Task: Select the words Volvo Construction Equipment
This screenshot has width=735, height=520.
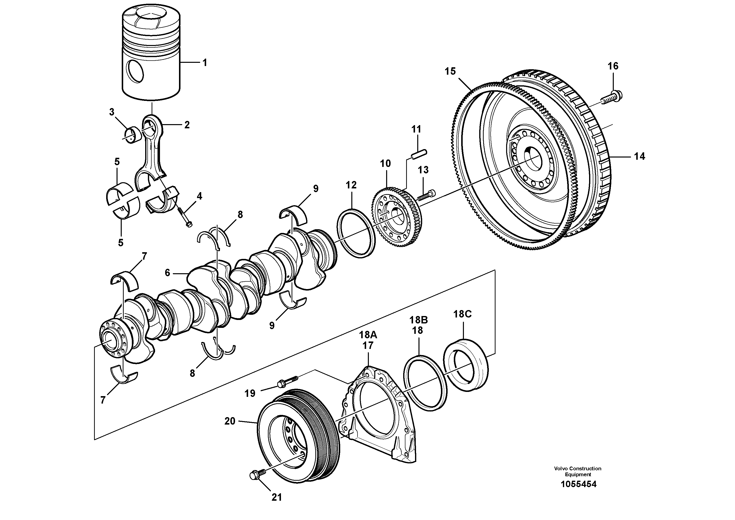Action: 578,471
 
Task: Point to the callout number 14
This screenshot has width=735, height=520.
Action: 639,157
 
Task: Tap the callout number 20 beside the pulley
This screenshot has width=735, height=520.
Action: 230,421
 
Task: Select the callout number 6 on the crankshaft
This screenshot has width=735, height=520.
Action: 167,273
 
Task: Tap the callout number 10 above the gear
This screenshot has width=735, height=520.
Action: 385,163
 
